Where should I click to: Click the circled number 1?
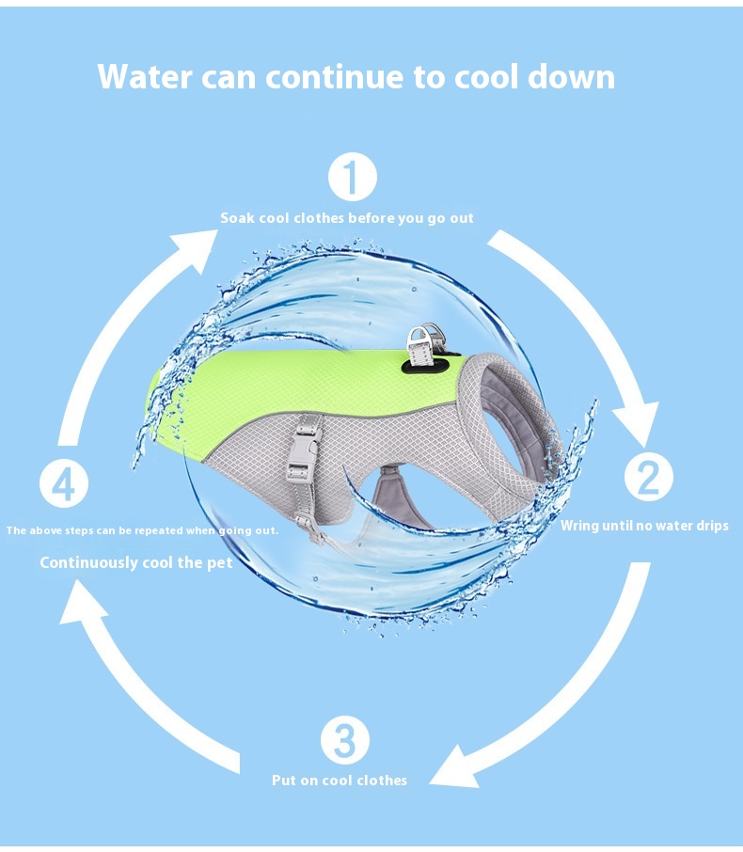point(352,179)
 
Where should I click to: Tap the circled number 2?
point(648,477)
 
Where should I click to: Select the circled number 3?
point(345,740)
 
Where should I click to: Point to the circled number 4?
point(64,484)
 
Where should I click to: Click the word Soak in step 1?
point(237,218)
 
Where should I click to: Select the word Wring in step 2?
point(579,526)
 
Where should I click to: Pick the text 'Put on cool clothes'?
point(340,781)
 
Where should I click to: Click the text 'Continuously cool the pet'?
point(136,562)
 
